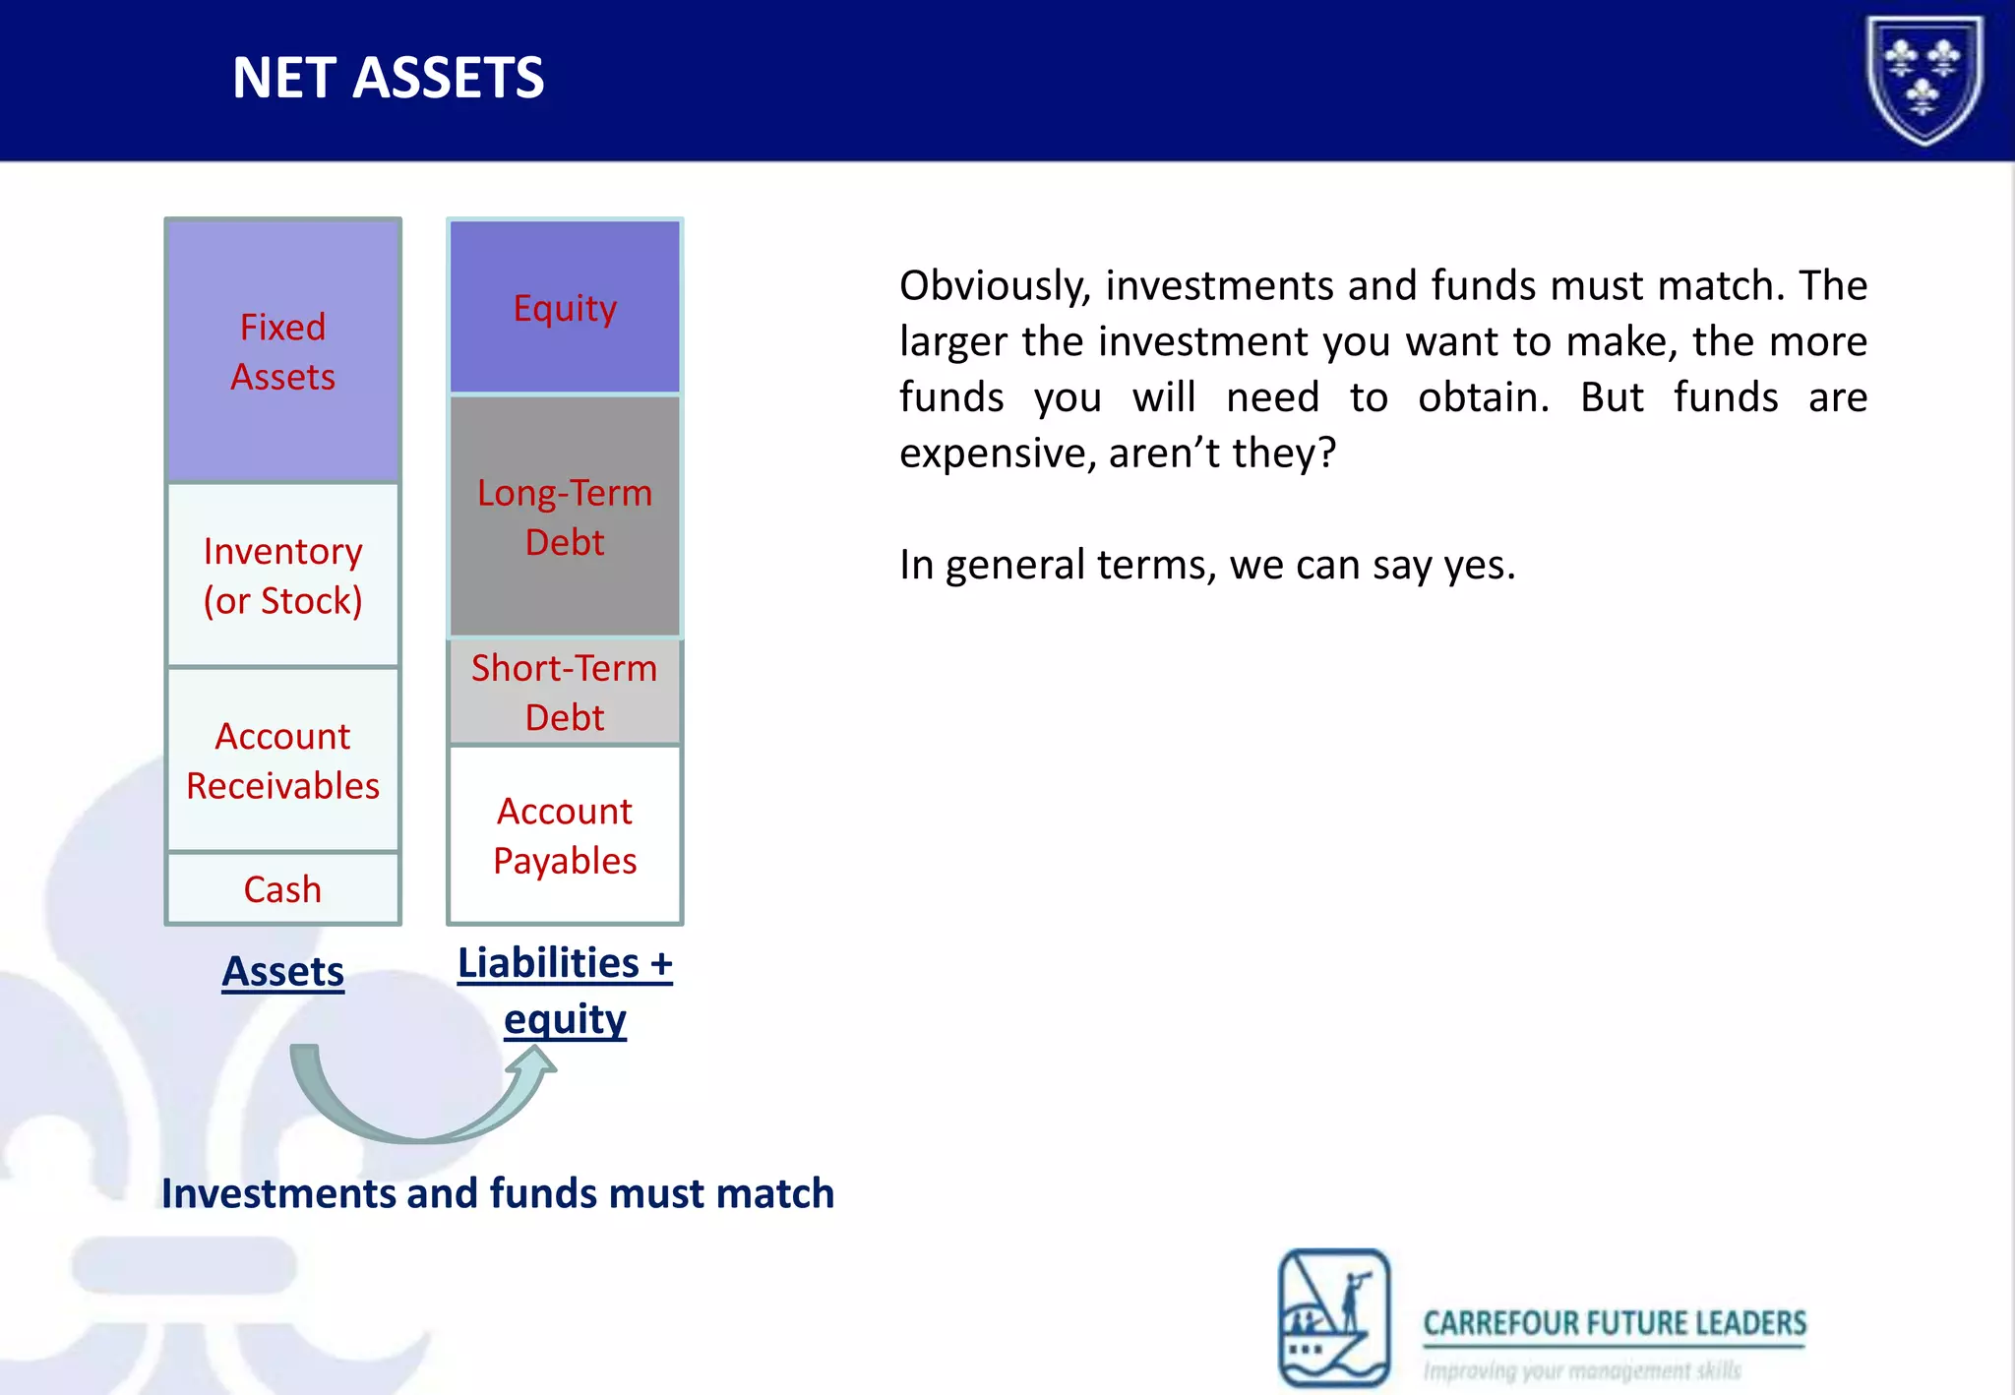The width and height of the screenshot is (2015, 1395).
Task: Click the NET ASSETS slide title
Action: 388,78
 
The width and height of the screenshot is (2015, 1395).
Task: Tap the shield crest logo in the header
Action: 1924,79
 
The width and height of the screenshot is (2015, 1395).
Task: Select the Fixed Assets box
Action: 282,351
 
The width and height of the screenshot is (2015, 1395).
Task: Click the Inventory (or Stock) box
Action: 282,576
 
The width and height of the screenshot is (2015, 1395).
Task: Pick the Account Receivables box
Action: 282,759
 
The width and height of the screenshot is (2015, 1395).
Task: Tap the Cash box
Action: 282,888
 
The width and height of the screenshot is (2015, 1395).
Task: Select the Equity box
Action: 565,308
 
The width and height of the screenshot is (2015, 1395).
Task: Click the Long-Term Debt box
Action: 565,516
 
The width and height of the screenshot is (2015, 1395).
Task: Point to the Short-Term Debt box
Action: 565,692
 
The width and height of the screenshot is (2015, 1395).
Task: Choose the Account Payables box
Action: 565,835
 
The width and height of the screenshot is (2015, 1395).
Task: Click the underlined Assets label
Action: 282,971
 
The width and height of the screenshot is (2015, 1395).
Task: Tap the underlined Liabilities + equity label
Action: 565,990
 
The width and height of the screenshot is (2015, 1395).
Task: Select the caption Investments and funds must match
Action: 498,1193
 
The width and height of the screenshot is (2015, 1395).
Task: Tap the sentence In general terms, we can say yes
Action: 1207,565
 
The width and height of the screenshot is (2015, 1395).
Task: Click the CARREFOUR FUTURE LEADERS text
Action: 1615,1323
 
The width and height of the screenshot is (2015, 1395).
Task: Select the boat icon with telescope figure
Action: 1334,1317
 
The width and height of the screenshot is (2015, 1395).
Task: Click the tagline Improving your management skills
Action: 1582,1370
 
